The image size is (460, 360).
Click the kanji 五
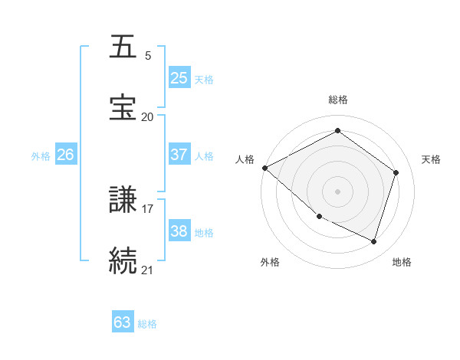123,47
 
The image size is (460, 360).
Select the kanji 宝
123,107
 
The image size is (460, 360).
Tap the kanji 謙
123,199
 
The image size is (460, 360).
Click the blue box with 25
179,78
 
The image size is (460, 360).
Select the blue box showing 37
179,155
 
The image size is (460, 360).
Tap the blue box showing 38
179,231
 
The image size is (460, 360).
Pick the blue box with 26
65,155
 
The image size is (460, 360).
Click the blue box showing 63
123,322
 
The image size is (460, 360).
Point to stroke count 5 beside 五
148,56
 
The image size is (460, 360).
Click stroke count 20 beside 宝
147,117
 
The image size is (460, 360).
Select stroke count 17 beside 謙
147,208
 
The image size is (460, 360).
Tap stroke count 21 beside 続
147,270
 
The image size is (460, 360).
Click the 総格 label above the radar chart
338,100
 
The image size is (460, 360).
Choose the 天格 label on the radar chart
432,159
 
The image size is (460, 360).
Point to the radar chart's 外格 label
270,263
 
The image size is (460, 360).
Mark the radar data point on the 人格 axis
264,168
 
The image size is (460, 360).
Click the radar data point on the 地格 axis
373,241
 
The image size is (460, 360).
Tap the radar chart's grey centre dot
337,191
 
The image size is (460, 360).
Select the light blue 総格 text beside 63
147,324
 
